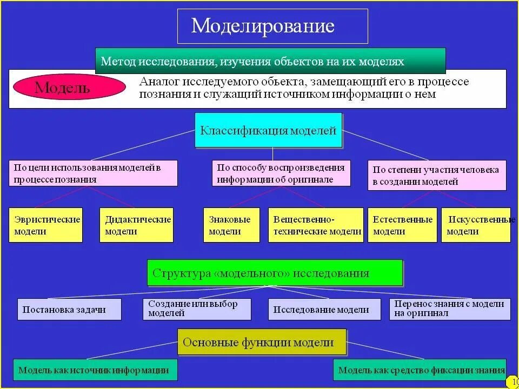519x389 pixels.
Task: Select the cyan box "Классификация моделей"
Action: pos(268,130)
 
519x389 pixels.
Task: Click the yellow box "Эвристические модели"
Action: pos(46,225)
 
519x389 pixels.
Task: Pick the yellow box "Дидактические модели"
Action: pos(137,225)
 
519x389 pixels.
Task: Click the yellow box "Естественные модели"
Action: pos(402,225)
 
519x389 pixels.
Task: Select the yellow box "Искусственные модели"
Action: pos(476,225)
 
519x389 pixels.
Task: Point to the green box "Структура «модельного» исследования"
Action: pos(275,273)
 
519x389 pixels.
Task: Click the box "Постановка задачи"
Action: pos(69,310)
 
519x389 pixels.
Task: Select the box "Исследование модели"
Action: pos(321,310)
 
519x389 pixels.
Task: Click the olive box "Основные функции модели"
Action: pos(262,342)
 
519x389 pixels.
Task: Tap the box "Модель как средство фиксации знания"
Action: pos(420,370)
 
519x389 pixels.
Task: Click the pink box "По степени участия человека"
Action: pos(437,175)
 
